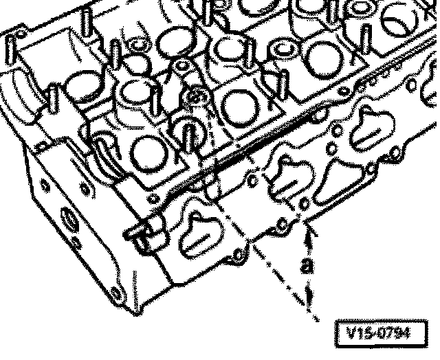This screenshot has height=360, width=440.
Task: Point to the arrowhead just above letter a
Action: click(x=311, y=235)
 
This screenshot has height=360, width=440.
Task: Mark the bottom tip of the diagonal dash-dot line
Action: click(x=318, y=321)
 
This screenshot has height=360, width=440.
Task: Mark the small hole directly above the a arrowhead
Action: click(x=305, y=204)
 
